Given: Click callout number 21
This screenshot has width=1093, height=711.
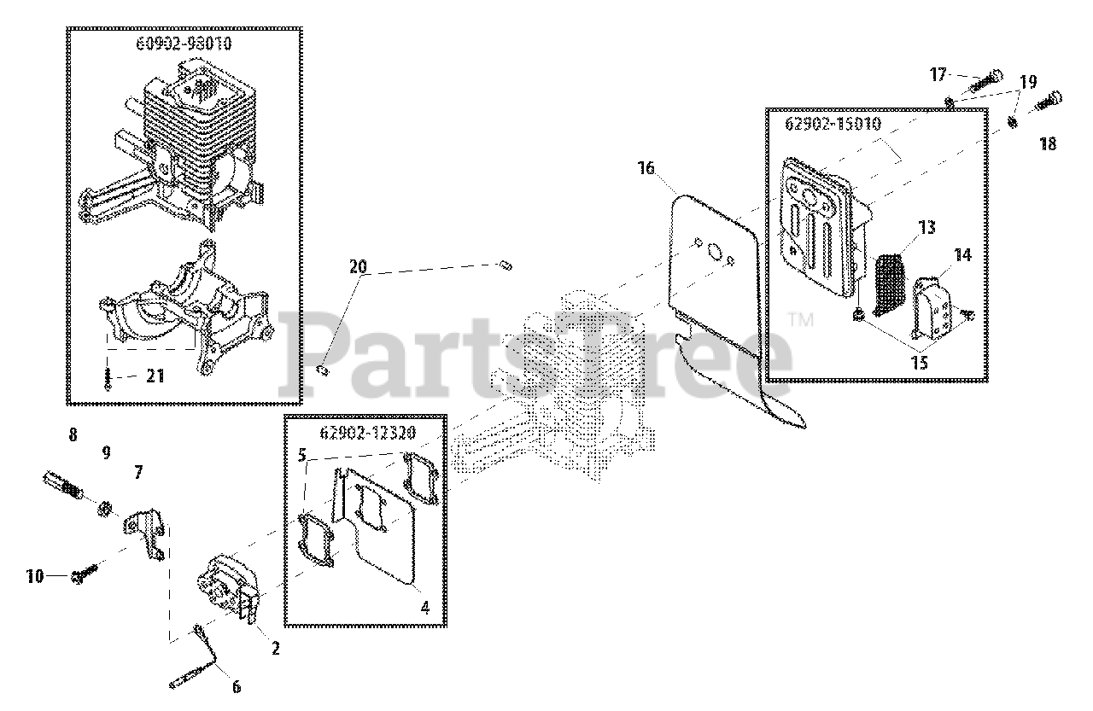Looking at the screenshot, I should tap(155, 375).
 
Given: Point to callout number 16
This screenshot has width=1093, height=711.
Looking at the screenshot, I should tap(646, 168).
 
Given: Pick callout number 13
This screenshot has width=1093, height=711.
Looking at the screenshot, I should tap(926, 228).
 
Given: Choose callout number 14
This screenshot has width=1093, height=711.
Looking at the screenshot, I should tap(962, 255).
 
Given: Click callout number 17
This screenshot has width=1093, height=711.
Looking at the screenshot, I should tap(938, 75).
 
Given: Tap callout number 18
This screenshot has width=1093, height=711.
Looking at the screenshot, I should tap(1048, 144).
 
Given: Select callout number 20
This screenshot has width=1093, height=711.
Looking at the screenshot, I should tap(358, 267).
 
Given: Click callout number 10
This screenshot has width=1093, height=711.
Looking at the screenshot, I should tap(34, 577).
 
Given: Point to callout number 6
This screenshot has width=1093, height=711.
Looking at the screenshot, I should tap(237, 685).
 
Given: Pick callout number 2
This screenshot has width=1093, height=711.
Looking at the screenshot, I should tap(275, 649).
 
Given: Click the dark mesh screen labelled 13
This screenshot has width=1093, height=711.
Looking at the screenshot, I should tap(891, 283).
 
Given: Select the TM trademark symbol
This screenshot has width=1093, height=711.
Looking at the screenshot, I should tap(800, 321).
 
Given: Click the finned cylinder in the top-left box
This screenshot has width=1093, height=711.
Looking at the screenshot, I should tap(192, 128).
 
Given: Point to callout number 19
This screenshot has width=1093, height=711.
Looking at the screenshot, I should tap(1027, 83).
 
